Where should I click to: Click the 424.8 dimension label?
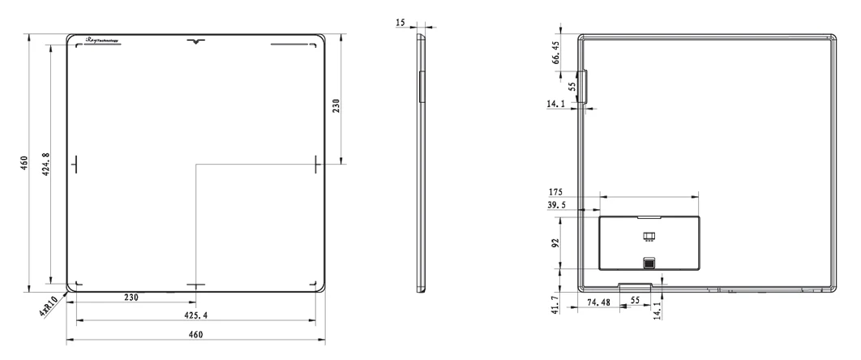tap(45, 165)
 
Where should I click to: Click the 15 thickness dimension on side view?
tap(401, 24)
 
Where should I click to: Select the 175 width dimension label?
tap(555, 192)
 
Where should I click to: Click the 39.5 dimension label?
tap(558, 205)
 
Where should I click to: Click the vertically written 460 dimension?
tap(25, 162)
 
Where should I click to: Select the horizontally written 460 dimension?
tap(196, 334)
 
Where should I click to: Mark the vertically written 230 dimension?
tap(336, 105)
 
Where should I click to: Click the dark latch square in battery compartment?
tap(649, 263)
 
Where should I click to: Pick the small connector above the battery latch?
tap(649, 237)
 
